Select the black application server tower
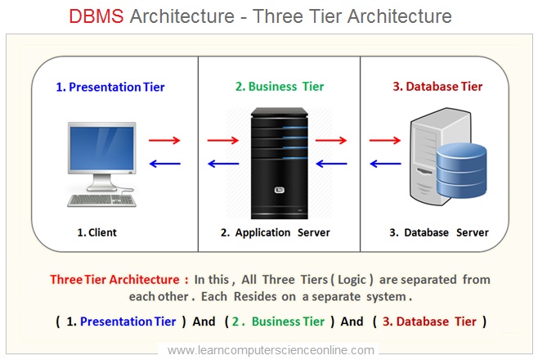[275, 159]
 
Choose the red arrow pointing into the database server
[383, 140]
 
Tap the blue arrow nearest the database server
[383, 163]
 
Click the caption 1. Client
[96, 232]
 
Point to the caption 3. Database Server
[438, 232]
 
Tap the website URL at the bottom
[271, 349]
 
